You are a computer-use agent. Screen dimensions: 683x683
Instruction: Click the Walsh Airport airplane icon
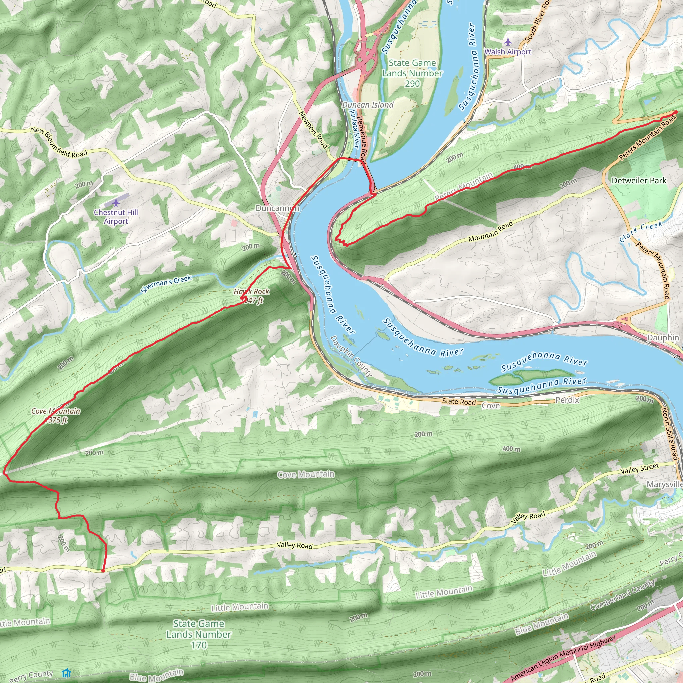click(x=508, y=42)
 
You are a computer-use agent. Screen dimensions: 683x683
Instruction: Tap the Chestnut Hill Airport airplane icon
click(x=116, y=203)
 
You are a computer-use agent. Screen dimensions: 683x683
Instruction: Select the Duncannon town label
click(x=277, y=208)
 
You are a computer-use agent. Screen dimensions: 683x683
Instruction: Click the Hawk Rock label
click(x=251, y=292)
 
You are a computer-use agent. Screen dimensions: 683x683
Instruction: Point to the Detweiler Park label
click(x=638, y=181)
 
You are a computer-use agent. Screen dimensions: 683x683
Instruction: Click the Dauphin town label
click(x=663, y=337)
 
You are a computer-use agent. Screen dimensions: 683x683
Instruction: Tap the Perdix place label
click(x=567, y=400)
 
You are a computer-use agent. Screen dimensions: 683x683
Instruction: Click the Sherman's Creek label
click(x=166, y=284)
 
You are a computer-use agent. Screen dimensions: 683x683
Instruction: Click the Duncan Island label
click(x=367, y=105)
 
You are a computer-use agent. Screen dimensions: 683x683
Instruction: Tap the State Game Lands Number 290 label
click(x=412, y=73)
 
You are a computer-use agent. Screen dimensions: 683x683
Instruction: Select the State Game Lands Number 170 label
click(x=199, y=634)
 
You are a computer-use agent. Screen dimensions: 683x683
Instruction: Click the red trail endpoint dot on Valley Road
click(x=103, y=571)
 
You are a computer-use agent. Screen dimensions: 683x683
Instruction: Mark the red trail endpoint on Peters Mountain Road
click(x=676, y=112)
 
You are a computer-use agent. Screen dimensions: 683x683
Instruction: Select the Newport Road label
click(x=314, y=130)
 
